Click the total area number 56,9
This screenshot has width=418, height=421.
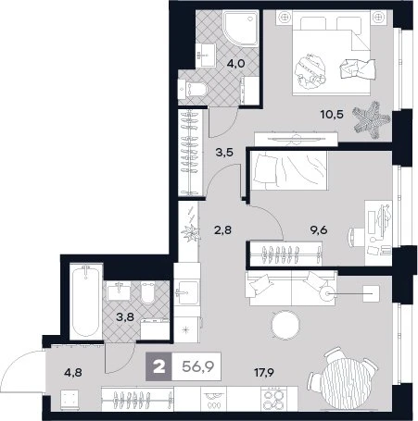pyautogui.click(x=198, y=366)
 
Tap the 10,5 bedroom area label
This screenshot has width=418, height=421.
pyautogui.click(x=332, y=115)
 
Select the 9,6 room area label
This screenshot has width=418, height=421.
pyautogui.click(x=319, y=230)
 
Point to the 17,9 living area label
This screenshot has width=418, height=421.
pyautogui.click(x=264, y=373)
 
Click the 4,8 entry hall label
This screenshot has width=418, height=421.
pyautogui.click(x=73, y=373)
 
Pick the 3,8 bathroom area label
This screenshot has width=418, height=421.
pyautogui.click(x=125, y=316)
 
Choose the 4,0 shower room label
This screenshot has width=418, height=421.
pyautogui.click(x=235, y=64)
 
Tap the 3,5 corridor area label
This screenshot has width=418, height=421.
pyautogui.click(x=224, y=153)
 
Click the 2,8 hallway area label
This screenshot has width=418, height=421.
pyautogui.click(x=222, y=230)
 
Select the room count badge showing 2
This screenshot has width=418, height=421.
pyautogui.click(x=159, y=366)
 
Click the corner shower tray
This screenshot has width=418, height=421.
pyautogui.click(x=240, y=29)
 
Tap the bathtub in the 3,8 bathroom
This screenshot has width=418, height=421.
pyautogui.click(x=86, y=302)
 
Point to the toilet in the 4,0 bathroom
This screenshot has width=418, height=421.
pyautogui.click(x=193, y=90)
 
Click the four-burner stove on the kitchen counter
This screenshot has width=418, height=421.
pyautogui.click(x=272, y=399)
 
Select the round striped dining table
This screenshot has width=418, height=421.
pyautogui.click(x=344, y=381)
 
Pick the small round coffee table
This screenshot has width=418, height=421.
pyautogui.click(x=285, y=324)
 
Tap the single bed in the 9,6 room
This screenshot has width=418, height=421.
pyautogui.click(x=289, y=170)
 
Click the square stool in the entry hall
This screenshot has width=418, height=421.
pyautogui.click(x=70, y=400)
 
